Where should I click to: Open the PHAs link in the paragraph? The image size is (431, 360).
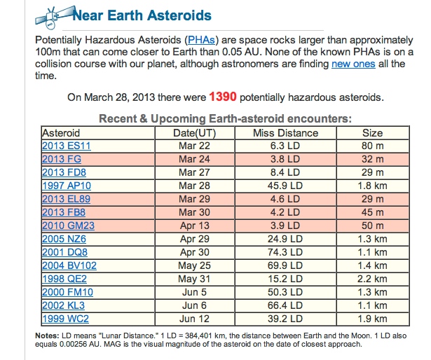point(201,40)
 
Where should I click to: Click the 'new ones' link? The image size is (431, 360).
point(353,64)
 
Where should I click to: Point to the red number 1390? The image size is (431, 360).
point(223,97)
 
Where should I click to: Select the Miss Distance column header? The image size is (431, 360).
point(285,133)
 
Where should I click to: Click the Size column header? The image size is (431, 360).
point(372,133)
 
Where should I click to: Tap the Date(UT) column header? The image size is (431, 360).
point(194,133)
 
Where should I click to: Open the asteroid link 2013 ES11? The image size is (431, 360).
point(67,146)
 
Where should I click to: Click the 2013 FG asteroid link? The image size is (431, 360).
point(62,159)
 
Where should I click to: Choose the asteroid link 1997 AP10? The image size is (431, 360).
point(67,186)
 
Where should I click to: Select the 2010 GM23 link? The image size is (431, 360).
point(68,226)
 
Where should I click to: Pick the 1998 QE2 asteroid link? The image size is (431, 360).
point(64,279)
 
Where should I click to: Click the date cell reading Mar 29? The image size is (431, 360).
point(194,199)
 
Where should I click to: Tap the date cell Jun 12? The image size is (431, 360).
point(194,319)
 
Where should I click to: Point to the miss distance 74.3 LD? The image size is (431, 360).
point(285,252)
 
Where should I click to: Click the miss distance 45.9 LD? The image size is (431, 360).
point(285,186)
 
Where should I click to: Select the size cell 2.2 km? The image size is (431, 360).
point(372,279)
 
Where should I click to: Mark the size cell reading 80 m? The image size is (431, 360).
point(372,146)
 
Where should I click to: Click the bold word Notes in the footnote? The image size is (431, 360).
point(47,335)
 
